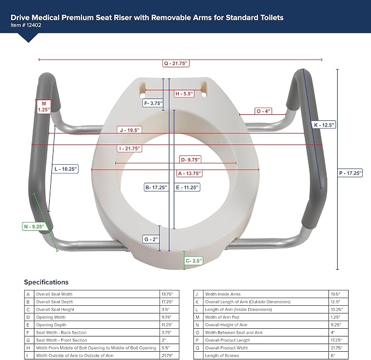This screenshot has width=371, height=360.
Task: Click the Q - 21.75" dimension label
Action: (176, 63)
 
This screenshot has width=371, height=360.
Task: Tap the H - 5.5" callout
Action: (184, 94)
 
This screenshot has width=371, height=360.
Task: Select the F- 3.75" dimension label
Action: (154, 103)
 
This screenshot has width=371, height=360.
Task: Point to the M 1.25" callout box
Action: (44, 107)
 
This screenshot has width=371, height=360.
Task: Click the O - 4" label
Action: (263, 111)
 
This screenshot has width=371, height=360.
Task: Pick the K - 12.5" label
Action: (324, 125)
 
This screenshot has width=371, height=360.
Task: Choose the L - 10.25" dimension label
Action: (66, 169)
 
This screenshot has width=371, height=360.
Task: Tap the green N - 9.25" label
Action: (34, 227)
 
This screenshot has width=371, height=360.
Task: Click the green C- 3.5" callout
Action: (194, 261)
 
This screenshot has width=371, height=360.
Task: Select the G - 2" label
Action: (151, 239)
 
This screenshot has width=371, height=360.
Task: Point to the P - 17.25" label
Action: (350, 173)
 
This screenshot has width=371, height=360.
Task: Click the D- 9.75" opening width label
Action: (190, 160)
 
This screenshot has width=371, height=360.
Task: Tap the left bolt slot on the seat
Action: (143, 89)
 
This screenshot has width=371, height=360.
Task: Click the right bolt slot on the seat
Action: (204, 89)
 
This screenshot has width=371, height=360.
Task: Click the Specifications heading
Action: (46, 282)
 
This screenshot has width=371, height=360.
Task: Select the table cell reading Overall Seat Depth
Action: (55, 302)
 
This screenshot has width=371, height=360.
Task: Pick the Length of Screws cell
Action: (222, 356)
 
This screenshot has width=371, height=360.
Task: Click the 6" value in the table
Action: (333, 356)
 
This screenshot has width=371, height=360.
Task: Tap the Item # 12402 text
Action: (26, 25)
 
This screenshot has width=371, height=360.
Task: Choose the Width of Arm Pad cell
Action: (222, 317)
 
